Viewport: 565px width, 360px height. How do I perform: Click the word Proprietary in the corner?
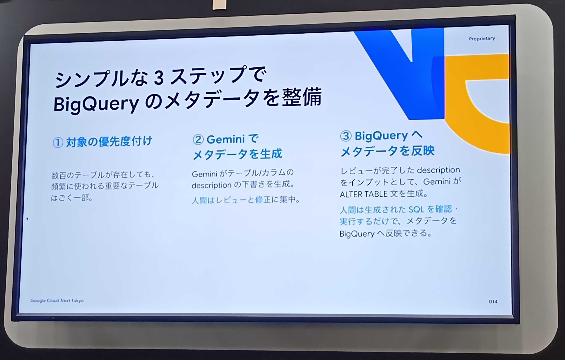click(482, 39)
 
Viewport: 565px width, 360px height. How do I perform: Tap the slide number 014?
click(493, 302)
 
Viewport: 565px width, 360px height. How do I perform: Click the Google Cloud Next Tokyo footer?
click(57, 301)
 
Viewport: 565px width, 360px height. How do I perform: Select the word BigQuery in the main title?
click(96, 105)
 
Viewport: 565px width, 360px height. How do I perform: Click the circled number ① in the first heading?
click(58, 143)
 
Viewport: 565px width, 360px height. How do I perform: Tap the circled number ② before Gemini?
click(198, 140)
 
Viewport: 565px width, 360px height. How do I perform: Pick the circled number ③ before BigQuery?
click(345, 136)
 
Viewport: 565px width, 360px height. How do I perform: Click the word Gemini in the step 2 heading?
click(226, 139)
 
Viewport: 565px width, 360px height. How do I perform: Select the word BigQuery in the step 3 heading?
click(381, 136)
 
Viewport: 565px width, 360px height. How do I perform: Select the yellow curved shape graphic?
click(477, 106)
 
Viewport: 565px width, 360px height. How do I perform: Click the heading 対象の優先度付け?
click(109, 142)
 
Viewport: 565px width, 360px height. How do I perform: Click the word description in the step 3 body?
click(438, 170)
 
